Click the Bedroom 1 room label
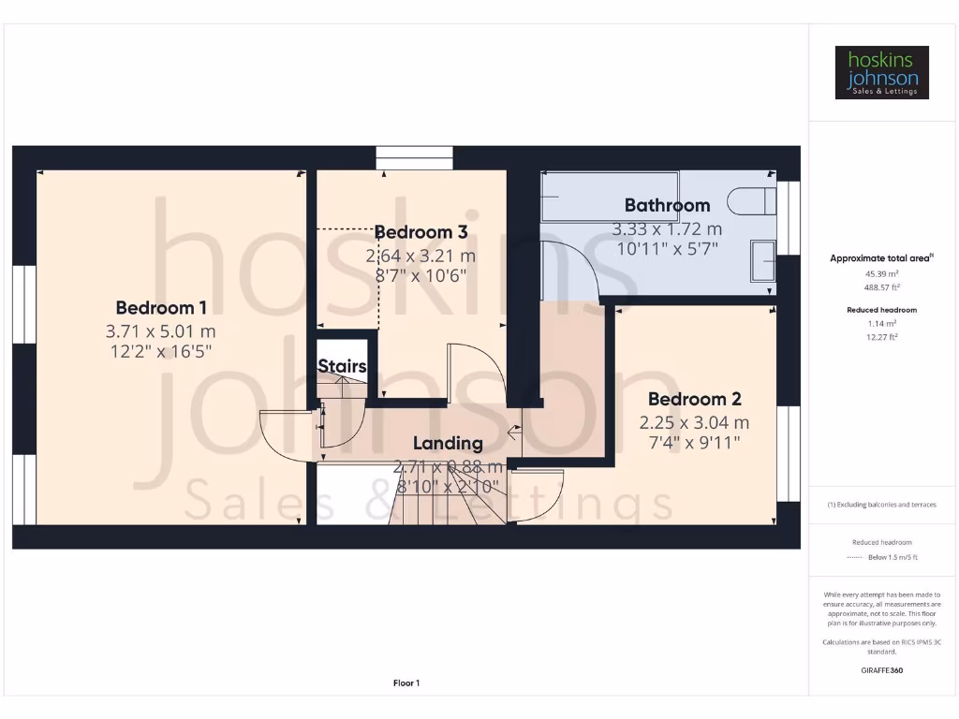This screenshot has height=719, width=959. click(x=161, y=307)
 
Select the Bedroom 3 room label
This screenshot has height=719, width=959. click(x=420, y=232)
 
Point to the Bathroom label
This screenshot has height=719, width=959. click(x=667, y=205)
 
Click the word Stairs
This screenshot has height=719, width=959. click(x=342, y=366)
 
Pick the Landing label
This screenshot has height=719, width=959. click(x=448, y=443)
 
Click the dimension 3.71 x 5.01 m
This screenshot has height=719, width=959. click(x=161, y=331)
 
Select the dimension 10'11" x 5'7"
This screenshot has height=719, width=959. click(x=667, y=248)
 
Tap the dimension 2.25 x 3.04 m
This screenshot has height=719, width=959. click(x=694, y=422)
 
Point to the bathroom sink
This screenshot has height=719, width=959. click(x=764, y=259)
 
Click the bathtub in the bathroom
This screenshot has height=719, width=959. click(x=597, y=196)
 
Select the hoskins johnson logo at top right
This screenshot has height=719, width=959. click(x=881, y=72)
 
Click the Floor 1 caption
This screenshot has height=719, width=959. click(x=406, y=683)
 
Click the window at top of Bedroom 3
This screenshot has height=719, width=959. click(x=414, y=157)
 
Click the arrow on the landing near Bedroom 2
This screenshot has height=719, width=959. click(x=514, y=432)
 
